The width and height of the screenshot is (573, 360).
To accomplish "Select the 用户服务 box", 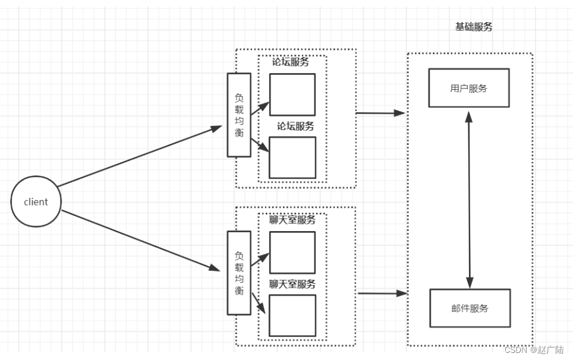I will pos(468,88).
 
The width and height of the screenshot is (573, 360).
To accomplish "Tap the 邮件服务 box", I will pos(470,308).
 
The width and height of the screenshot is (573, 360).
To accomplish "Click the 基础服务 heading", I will pos(473,27).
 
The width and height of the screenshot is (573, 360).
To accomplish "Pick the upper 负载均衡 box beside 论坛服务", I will pos(238,115).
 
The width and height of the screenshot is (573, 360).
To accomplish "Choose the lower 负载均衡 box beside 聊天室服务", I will pos(238,273).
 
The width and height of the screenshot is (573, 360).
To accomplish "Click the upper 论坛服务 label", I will pos(291,62).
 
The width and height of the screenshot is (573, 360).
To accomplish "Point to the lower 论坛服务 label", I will pos(295,126).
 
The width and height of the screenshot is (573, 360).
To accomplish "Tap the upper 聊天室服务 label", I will pos(292,220).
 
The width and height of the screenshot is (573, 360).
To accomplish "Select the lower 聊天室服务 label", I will pos(292,284).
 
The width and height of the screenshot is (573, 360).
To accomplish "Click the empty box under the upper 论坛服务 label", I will pos(292,94).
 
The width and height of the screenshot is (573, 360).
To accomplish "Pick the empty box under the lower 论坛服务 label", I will pos(292,157).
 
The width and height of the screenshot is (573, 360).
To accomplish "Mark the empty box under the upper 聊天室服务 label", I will pos(292,252).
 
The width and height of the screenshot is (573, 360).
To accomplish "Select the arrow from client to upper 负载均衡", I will pos(140,156).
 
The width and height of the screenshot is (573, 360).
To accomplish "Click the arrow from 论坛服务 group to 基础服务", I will pos(380,112).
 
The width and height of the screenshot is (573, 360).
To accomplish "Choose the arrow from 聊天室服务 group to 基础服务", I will pos(382,293).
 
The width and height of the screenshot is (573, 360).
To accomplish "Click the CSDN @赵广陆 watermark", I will pos(534,350).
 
